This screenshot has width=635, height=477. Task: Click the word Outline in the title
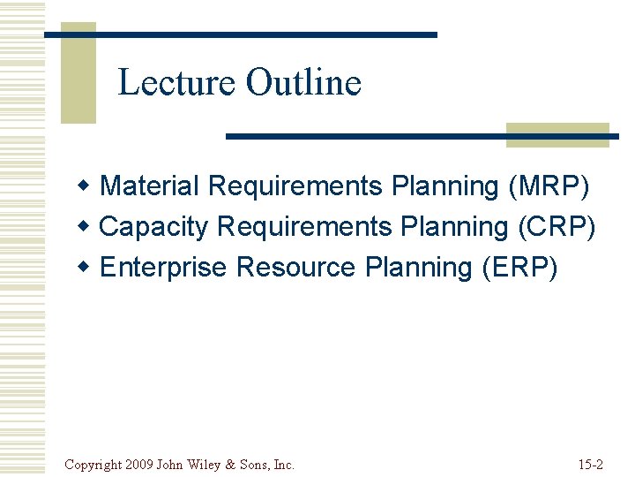click(303, 83)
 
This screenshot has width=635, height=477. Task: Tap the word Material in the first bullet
click(150, 186)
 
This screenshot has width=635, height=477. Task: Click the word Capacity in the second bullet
click(154, 227)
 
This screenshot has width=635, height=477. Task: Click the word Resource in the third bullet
click(296, 268)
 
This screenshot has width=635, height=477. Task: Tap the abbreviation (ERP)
click(519, 268)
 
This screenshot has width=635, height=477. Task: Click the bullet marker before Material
click(84, 186)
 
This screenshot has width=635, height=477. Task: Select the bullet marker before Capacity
click(84, 227)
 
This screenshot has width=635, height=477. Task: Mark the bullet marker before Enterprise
click(84, 268)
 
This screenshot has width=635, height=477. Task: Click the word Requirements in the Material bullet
click(295, 186)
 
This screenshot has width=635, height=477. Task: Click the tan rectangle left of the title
click(78, 72)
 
